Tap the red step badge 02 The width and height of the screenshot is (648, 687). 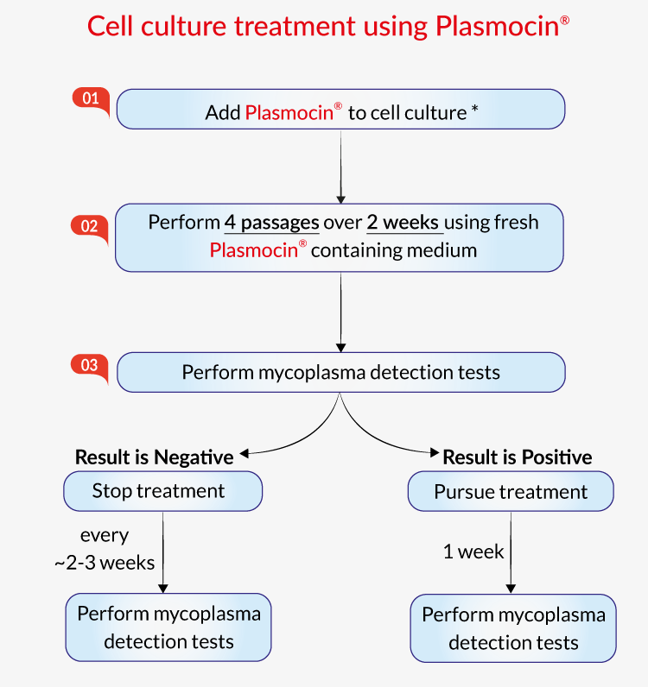point(89,226)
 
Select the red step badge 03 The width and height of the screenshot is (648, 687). point(89,365)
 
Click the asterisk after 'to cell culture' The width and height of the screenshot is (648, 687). point(475,111)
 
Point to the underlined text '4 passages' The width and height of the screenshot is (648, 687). point(271,223)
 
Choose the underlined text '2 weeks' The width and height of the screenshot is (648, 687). point(404,223)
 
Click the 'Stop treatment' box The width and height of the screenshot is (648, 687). point(162,492)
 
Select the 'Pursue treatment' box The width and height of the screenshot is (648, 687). point(511,493)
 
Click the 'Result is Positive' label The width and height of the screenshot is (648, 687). point(518,457)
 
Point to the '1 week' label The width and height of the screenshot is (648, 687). point(473,552)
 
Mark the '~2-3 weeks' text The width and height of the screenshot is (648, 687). point(104,564)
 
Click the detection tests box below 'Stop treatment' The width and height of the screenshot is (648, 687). point(168,627)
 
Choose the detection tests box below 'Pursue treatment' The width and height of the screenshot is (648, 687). point(513,628)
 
